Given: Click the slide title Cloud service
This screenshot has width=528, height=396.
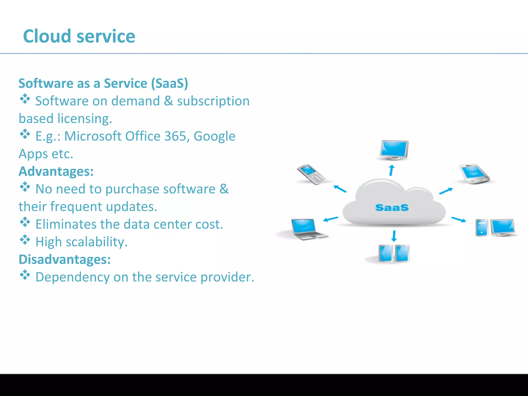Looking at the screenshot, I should coord(79,36).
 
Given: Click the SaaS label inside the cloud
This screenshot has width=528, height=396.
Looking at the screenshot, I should coord(392,208).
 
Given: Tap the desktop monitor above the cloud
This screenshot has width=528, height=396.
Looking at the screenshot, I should coord(394,150).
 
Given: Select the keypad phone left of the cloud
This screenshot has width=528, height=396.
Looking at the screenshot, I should coord(311,174).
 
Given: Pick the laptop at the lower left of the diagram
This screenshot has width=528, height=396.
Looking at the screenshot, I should coord(308,229).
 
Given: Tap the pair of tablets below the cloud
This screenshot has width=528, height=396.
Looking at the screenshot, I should coord(394,253).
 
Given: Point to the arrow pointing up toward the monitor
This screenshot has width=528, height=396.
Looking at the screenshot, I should coord(392,170).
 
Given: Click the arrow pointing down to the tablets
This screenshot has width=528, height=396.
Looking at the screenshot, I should coord(394,236).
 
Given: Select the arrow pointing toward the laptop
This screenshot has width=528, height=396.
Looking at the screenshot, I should coord(330,219).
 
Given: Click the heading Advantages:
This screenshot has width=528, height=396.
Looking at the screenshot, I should coord(56,171).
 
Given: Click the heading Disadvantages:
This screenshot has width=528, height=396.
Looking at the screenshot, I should coord(64,259).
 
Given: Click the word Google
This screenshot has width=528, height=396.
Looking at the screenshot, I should coord(214,137).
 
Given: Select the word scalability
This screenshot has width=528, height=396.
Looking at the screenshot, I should coord(96,242).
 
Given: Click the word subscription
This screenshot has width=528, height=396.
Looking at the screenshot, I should coord(213,101).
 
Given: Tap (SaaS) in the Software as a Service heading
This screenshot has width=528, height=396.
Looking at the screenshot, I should coord(169,84).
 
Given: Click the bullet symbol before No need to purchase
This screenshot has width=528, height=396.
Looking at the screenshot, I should coord(25,187).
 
